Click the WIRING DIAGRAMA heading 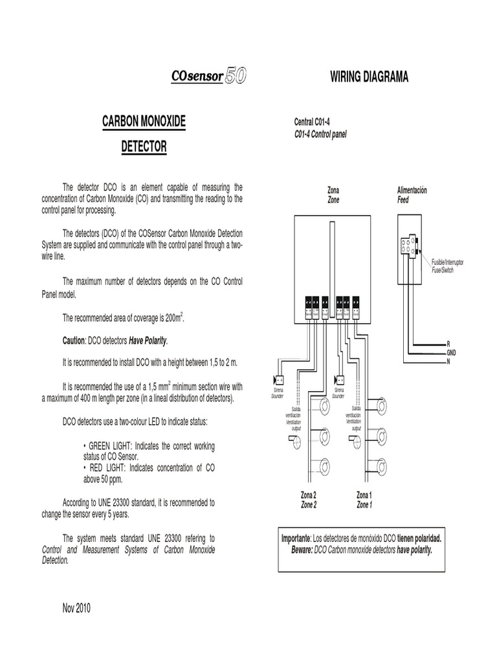(x=369, y=78)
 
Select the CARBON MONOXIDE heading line (x=144, y=121)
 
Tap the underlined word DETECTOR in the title (x=144, y=148)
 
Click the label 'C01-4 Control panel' (x=321, y=133)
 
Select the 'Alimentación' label (x=412, y=190)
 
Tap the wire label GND (x=452, y=352)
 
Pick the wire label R (x=448, y=343)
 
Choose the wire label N (x=448, y=360)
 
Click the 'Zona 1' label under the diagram (x=364, y=495)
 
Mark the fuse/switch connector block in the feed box (x=408, y=247)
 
